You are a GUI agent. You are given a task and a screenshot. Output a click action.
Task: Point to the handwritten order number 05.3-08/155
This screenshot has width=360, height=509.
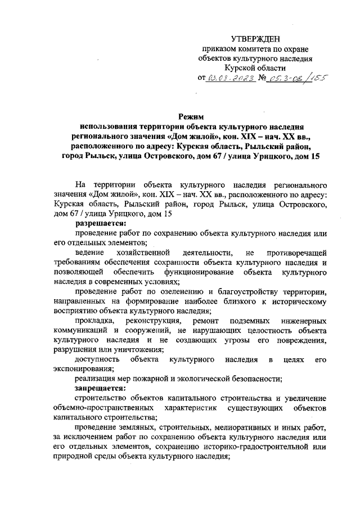(296, 79)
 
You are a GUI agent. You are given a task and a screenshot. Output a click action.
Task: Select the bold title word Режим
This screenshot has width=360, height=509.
(191, 116)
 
